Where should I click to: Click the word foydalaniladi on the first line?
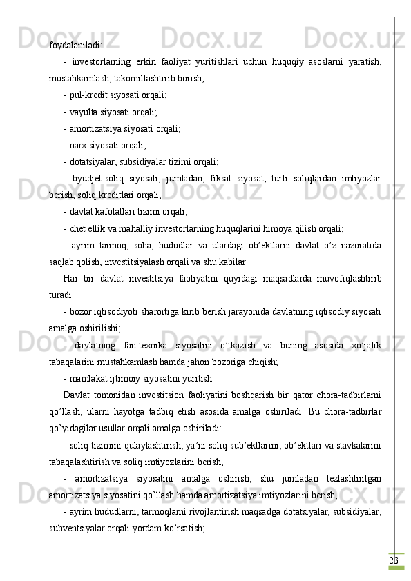75,46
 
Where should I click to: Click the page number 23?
394,540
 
